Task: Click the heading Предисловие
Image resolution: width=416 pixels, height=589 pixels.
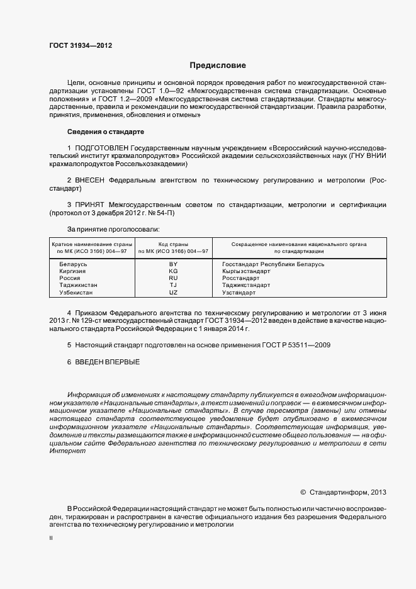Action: pos(218,65)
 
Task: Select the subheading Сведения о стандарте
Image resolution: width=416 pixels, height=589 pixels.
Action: pos(106,132)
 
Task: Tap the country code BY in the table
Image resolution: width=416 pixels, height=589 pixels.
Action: pos(174,264)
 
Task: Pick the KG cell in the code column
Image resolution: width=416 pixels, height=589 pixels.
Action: pos(174,271)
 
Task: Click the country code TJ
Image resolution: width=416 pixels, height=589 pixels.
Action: pos(174,285)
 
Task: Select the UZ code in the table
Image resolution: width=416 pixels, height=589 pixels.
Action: pos(174,293)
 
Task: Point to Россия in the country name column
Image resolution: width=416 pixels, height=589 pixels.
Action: pos(69,278)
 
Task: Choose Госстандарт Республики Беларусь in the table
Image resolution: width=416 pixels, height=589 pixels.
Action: pos(273,264)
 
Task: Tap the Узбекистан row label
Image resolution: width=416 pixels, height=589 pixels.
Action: pos(76,293)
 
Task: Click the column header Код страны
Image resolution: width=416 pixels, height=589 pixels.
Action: pos(174,244)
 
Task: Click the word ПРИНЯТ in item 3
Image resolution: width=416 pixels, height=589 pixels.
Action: pos(92,205)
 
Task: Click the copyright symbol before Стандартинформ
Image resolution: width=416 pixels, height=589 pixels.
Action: pos(303,492)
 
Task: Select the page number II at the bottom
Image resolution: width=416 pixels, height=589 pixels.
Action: pos(51,539)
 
